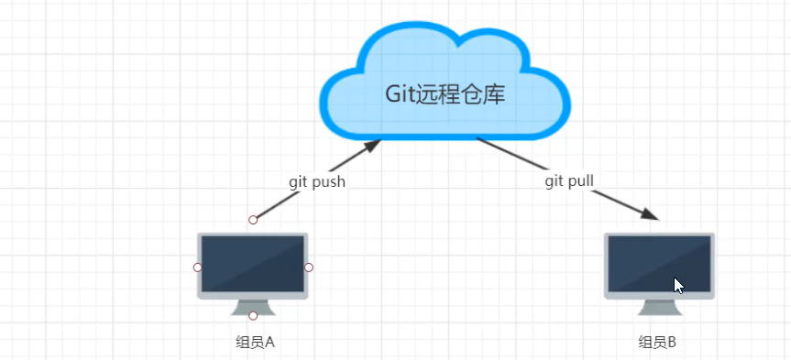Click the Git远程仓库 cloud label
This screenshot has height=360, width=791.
tap(445, 94)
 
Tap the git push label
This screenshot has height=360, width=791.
tap(317, 181)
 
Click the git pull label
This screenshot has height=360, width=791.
tap(569, 180)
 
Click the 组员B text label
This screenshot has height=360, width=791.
tap(657, 343)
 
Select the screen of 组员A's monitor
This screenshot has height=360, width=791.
tap(252, 264)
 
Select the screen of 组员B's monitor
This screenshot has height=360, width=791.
tap(658, 264)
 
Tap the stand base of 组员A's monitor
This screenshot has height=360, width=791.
tap(253, 311)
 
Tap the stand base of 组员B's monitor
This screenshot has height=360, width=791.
tap(658, 311)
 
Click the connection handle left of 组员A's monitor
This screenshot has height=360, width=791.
tap(197, 267)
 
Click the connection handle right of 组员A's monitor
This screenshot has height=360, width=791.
tap(309, 267)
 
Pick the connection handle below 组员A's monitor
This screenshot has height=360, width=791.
tap(253, 316)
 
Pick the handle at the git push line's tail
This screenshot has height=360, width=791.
tap(254, 220)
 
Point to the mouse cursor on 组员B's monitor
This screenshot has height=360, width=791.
tap(678, 285)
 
